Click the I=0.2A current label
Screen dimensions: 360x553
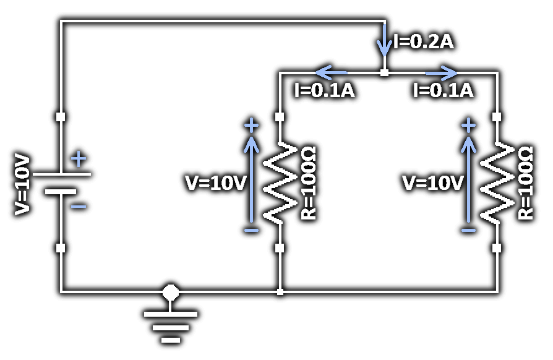[x=424, y=42]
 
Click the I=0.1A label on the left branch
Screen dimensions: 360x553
[x=324, y=90]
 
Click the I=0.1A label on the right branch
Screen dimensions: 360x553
[x=443, y=90]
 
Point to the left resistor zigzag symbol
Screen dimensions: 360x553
[x=280, y=182]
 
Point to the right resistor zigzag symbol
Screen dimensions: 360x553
[x=497, y=182]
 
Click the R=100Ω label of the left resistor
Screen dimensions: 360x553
[x=308, y=182]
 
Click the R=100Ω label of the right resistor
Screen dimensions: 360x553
[x=525, y=182]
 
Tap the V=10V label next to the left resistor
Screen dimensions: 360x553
[x=216, y=183]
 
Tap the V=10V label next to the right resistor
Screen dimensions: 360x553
[x=433, y=183]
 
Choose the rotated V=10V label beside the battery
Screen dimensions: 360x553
[x=22, y=184]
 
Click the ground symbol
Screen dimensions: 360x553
[x=171, y=325]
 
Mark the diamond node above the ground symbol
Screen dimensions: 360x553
[x=171, y=291]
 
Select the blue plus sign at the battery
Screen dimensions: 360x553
[x=79, y=160]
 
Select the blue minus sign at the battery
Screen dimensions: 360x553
[x=79, y=206]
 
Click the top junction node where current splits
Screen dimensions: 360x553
[x=384, y=72]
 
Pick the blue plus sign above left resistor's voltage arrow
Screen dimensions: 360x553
[x=251, y=126]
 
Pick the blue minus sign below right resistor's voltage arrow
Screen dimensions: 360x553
[x=468, y=230]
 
